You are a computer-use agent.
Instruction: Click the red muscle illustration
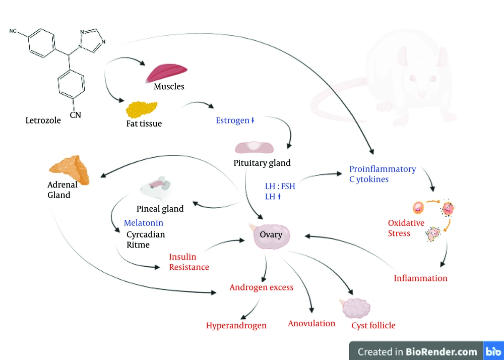point(166,73)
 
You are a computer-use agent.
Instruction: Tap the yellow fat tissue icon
point(142,109)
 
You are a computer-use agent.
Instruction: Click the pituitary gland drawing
point(254,148)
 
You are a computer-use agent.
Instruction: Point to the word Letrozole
point(43,121)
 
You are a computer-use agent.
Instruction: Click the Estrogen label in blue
point(233,121)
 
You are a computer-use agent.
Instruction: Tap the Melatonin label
point(143,223)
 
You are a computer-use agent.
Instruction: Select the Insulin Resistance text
point(189,262)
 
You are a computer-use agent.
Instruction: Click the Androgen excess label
point(261,287)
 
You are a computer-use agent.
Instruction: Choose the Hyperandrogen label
point(236,326)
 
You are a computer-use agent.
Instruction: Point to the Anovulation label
point(311,323)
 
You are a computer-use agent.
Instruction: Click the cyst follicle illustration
point(355,308)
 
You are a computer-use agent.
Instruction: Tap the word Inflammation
point(420,278)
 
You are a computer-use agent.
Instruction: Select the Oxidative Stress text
point(406,228)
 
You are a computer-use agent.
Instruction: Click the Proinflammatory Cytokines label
point(383,174)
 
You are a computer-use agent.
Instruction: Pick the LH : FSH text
point(280,187)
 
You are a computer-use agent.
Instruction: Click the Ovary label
point(271,234)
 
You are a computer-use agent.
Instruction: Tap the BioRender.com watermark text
point(417,351)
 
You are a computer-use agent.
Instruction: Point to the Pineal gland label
point(160,209)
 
